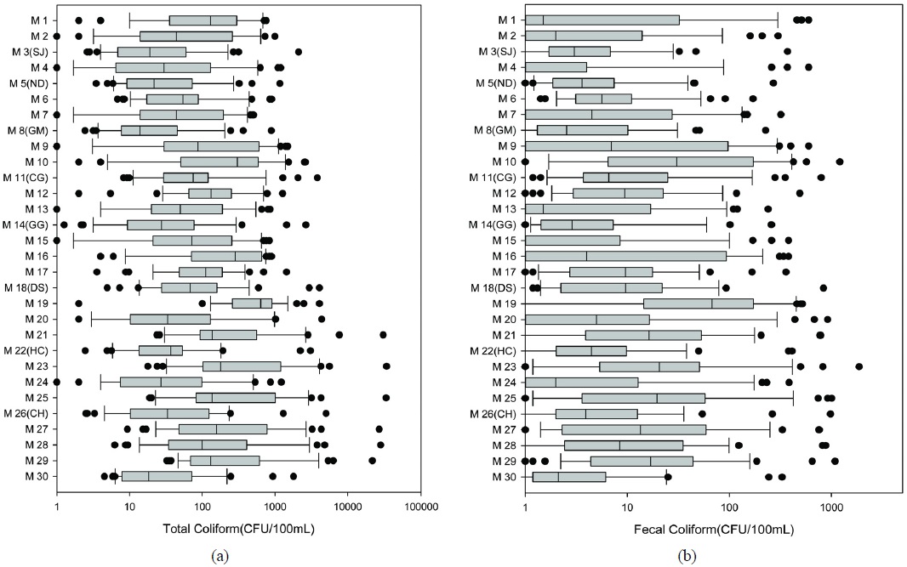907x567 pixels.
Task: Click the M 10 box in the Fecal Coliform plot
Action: tap(681, 162)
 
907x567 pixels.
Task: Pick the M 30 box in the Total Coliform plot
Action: tap(157, 476)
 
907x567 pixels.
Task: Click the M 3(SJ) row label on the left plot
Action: tap(31, 52)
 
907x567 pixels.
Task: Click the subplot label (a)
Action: tap(220, 556)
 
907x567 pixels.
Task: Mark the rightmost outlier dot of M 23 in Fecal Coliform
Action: tap(859, 366)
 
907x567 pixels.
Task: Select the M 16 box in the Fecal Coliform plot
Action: tap(625, 256)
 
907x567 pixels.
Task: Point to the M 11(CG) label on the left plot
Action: tap(27, 178)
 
